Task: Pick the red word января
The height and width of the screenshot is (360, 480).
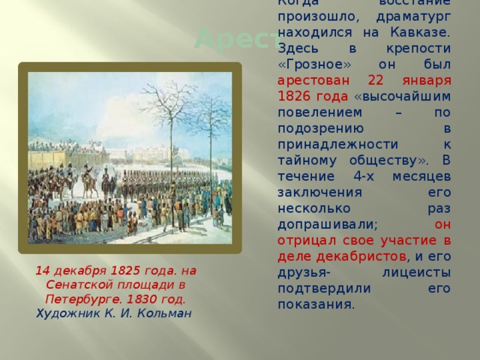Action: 427,82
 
